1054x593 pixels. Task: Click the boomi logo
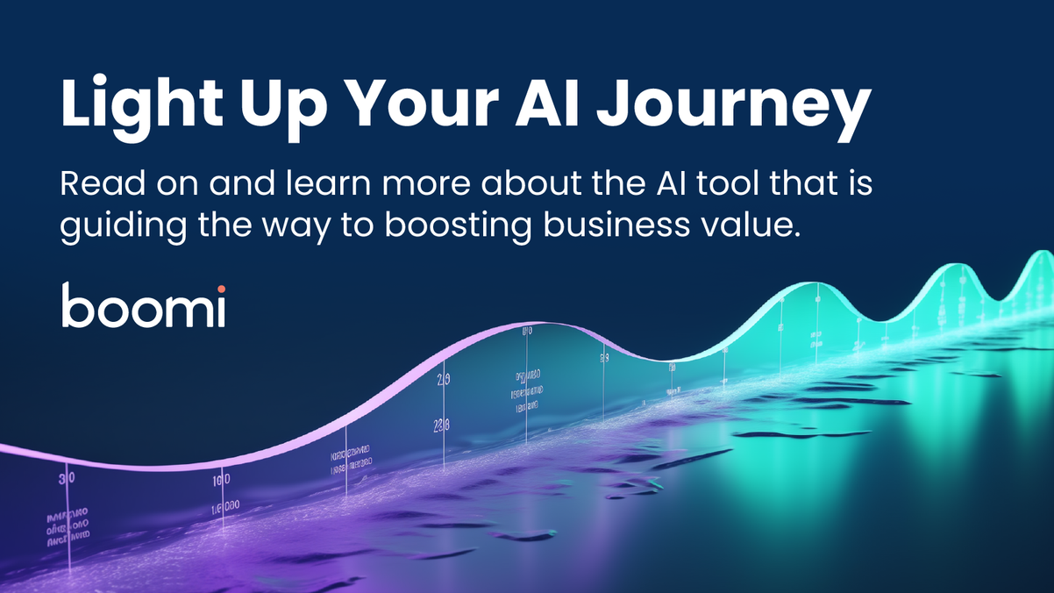click(x=143, y=306)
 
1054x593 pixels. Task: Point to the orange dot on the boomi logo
click(x=221, y=289)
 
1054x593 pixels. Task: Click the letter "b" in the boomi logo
click(x=75, y=306)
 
